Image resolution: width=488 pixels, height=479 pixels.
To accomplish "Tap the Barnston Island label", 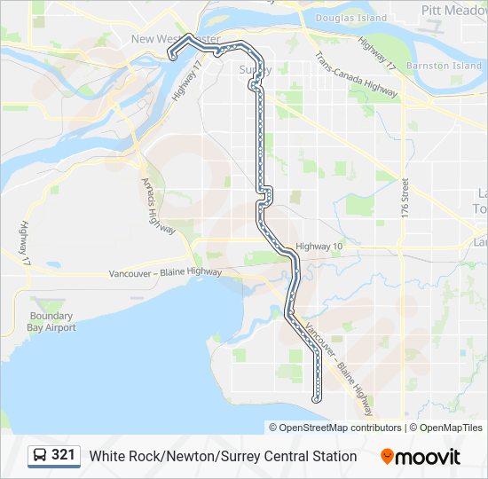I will [444, 66].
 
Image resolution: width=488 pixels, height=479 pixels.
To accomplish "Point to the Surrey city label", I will [256, 69].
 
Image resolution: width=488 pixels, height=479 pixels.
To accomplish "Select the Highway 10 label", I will [319, 246].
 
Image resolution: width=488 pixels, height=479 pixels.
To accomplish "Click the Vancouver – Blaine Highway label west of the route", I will [165, 273].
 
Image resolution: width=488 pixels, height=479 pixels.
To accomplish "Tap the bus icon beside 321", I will [41, 455].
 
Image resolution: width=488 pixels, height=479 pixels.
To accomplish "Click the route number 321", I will [64, 455].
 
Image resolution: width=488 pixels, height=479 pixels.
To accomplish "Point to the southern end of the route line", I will [317, 400].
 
